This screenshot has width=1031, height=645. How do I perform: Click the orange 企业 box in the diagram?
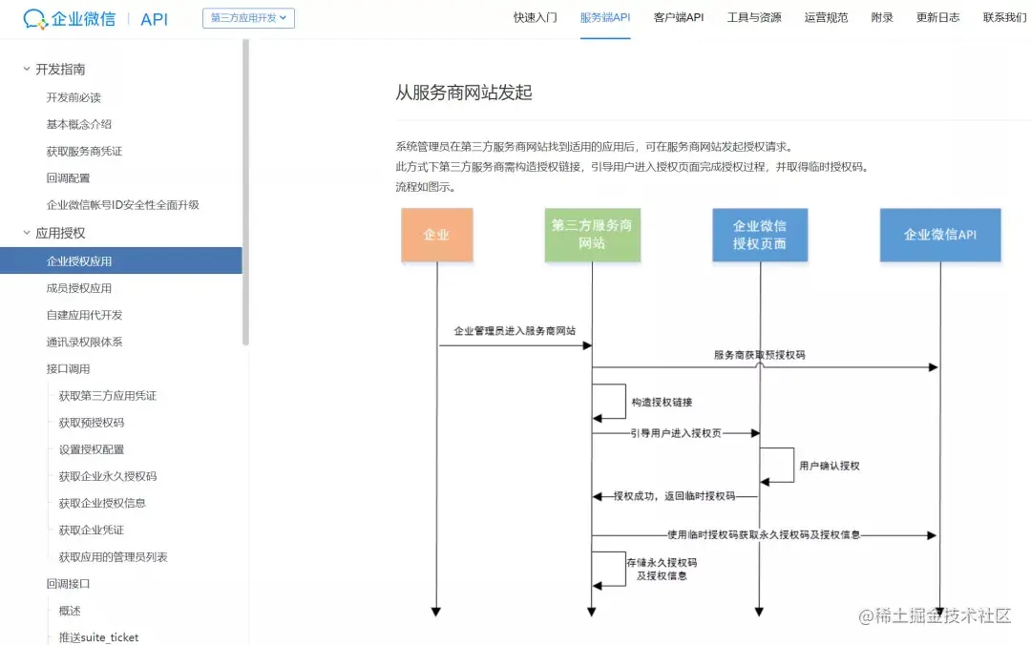pos(436,235)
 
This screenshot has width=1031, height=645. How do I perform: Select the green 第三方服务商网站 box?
pos(592,235)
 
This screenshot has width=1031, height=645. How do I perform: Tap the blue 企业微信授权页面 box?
pos(760,235)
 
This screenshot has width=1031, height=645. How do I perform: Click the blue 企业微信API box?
pos(939,235)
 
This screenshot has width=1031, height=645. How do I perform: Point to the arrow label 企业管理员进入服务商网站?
pos(515,331)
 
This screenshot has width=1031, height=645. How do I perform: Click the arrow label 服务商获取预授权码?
pos(759,354)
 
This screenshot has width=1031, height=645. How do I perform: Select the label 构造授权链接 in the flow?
pos(663,403)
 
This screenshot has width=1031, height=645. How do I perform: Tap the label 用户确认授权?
pos(830,466)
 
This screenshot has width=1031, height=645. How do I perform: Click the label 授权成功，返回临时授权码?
pos(674,496)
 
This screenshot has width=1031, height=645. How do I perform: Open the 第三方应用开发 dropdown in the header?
pos(248,18)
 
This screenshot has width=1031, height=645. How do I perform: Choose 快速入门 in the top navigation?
pos(535,18)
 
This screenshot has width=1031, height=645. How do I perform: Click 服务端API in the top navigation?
pos(605,18)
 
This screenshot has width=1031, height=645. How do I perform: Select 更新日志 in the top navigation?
pos(937,18)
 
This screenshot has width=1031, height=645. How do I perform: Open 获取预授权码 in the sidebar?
pos(91,423)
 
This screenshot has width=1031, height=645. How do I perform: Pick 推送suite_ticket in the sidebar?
pos(98,637)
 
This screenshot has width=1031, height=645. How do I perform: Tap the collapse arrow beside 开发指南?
pos(27,69)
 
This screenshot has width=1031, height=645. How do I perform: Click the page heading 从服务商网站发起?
pos(464,93)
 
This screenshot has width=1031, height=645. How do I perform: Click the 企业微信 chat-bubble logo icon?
pos(34,19)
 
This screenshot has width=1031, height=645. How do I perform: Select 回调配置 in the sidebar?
pos(68,177)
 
